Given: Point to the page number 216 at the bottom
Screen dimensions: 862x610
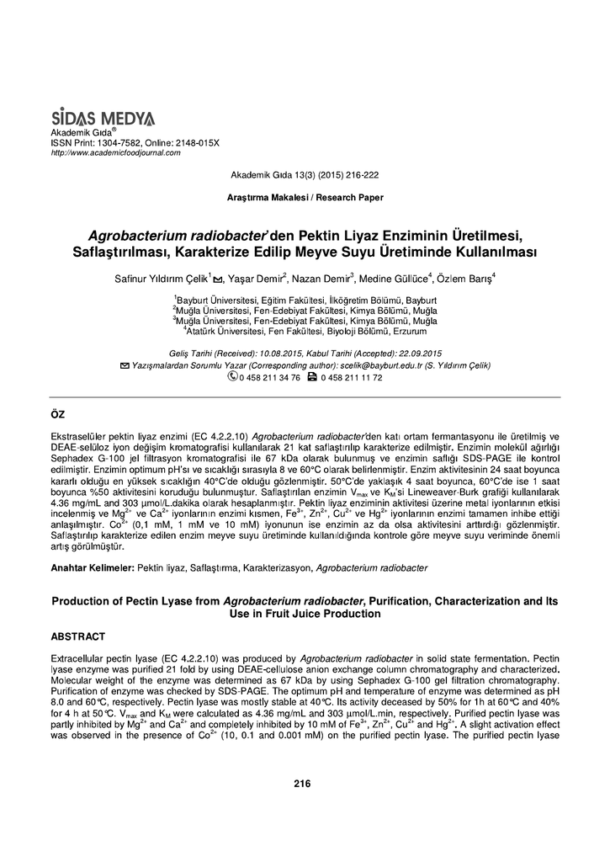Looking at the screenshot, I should pyautogui.click(x=303, y=783).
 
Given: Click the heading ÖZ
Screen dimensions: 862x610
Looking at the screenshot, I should pyautogui.click(x=59, y=416).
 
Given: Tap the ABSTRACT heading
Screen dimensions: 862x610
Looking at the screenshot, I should pyautogui.click(x=78, y=636).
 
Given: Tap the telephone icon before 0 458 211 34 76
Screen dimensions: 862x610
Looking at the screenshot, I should pyautogui.click(x=233, y=377).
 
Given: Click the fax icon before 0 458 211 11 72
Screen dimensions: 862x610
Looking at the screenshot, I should pyautogui.click(x=312, y=377).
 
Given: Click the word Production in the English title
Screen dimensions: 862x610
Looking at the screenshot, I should pyautogui.click(x=84, y=602).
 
